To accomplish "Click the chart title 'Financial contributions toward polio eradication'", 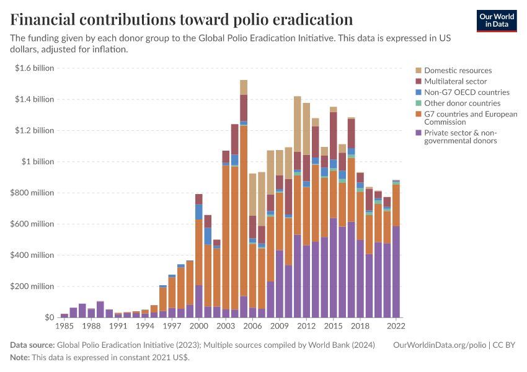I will (x=182, y=19).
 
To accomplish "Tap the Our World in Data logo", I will (x=496, y=20).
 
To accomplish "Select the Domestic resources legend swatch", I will (x=419, y=71).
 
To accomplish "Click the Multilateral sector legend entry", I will (x=455, y=81).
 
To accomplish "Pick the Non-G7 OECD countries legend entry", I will (x=466, y=92).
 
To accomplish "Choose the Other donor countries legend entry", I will (x=462, y=103).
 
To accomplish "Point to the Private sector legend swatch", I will (x=419, y=133).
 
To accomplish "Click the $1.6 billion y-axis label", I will (x=35, y=68).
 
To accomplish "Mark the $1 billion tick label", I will (x=38, y=162).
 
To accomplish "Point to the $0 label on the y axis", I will (x=50, y=317).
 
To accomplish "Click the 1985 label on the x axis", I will (x=64, y=325).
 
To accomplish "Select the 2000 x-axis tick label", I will (x=198, y=325).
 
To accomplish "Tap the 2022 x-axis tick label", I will (x=396, y=325).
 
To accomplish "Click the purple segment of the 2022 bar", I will (x=396, y=273).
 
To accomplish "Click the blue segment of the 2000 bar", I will (x=198, y=211).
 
